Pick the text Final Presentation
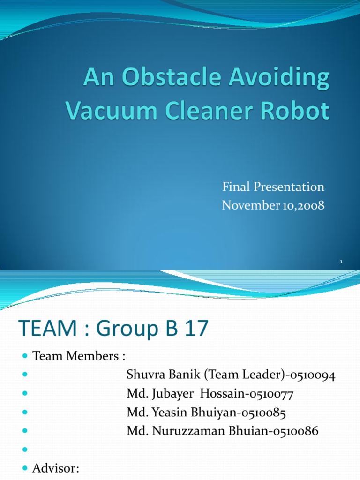click(273, 187)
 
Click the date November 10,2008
click(273, 205)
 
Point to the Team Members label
click(79, 356)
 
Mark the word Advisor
click(56, 468)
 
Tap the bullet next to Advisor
click(25, 469)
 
